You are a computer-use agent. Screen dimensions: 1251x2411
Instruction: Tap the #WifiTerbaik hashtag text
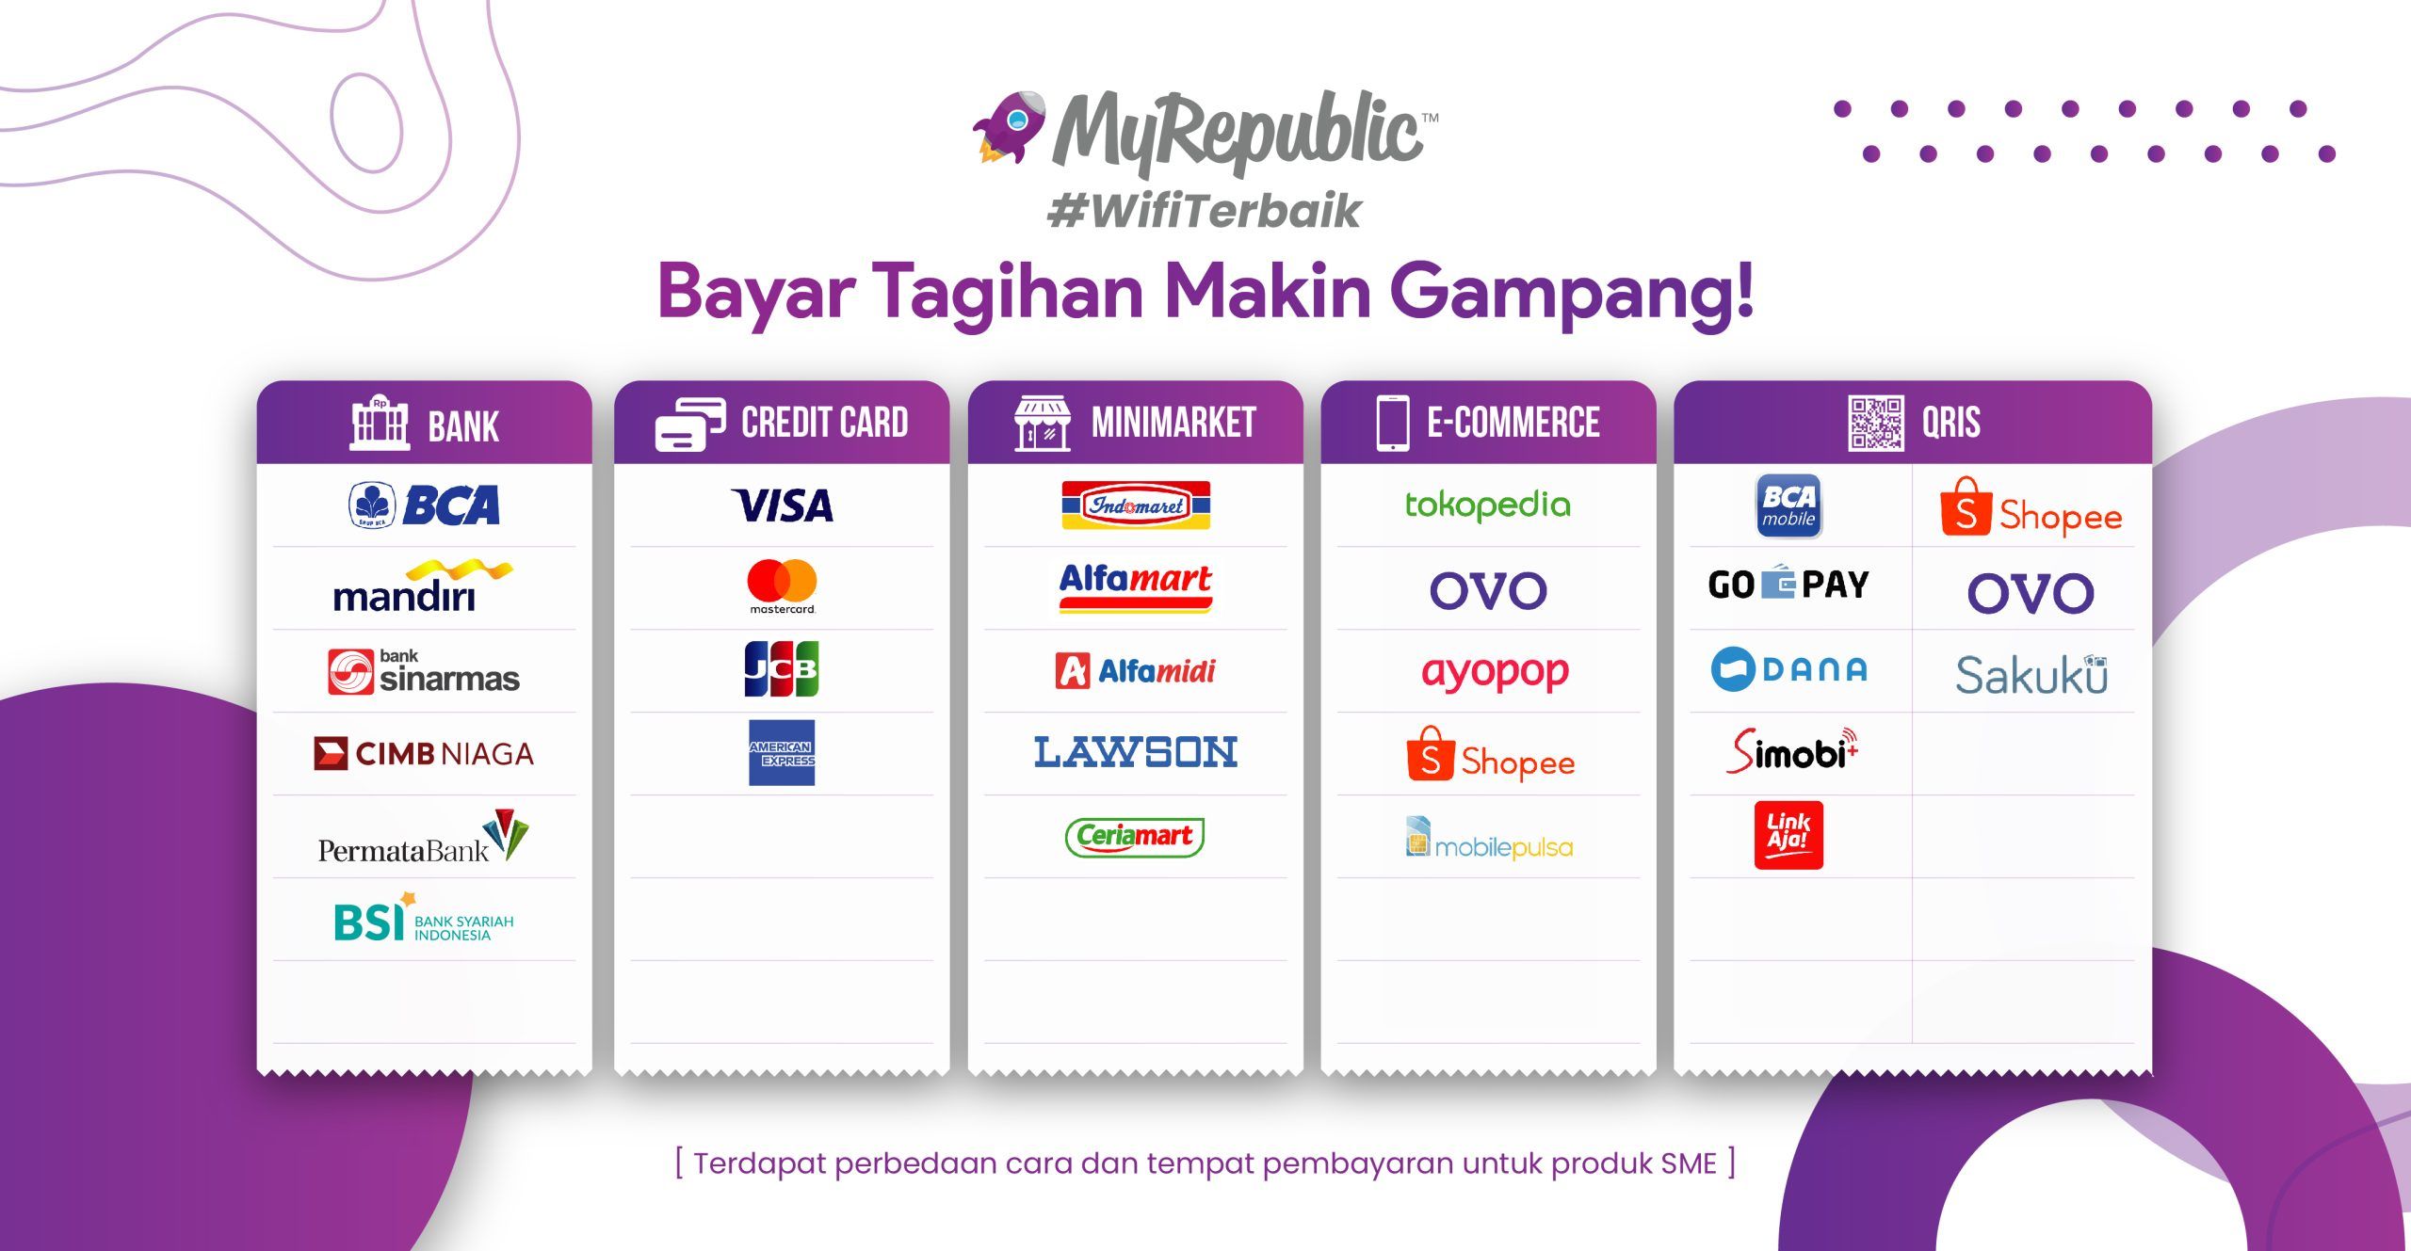pyautogui.click(x=1205, y=211)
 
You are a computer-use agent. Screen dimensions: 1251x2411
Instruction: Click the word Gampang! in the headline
pyautogui.click(x=1571, y=292)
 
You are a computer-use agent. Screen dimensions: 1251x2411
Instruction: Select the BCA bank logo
pyautogui.click(x=425, y=505)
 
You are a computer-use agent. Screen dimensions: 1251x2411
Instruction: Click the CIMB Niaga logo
pyautogui.click(x=424, y=754)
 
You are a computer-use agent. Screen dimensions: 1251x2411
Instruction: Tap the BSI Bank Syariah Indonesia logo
pyautogui.click(x=424, y=918)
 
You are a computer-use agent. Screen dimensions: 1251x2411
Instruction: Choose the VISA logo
pyautogui.click(x=782, y=505)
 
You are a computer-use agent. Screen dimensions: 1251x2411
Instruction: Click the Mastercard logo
pyautogui.click(x=782, y=586)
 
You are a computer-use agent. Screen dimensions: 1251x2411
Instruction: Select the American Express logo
pyautogui.click(x=782, y=753)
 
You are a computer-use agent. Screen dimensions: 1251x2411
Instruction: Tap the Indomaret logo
pyautogui.click(x=1136, y=505)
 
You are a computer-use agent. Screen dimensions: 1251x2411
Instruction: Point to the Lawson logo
pyautogui.click(x=1136, y=752)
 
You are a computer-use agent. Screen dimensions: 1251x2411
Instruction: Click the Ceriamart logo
pyautogui.click(x=1135, y=836)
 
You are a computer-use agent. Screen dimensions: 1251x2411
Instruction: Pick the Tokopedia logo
pyautogui.click(x=1488, y=505)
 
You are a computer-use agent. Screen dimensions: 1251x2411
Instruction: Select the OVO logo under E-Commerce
pyautogui.click(x=1488, y=591)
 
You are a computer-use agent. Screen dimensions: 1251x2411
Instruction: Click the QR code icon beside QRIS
pyautogui.click(x=1875, y=424)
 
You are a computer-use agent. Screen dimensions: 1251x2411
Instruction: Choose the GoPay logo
pyautogui.click(x=1788, y=585)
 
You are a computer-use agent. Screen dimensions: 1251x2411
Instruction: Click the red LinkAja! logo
pyautogui.click(x=1788, y=835)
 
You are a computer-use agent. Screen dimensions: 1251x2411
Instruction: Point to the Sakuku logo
pyautogui.click(x=2031, y=674)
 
